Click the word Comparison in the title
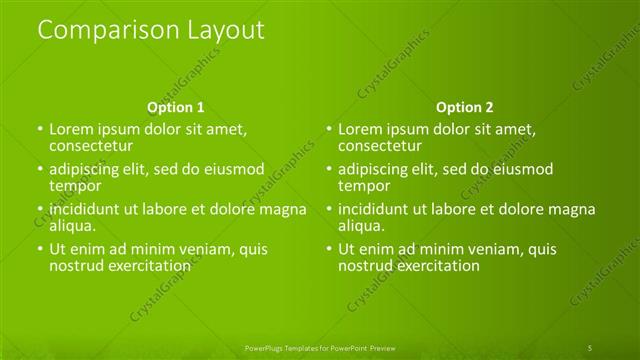click(x=99, y=31)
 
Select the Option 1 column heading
click(x=176, y=107)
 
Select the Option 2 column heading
click(x=464, y=107)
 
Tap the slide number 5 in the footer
click(x=590, y=347)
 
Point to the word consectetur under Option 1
click(x=92, y=146)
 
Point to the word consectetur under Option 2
click(x=380, y=146)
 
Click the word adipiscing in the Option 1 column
click(x=88, y=169)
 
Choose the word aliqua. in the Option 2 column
click(x=360, y=226)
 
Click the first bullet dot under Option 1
click(x=40, y=130)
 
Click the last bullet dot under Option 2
click(x=328, y=250)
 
